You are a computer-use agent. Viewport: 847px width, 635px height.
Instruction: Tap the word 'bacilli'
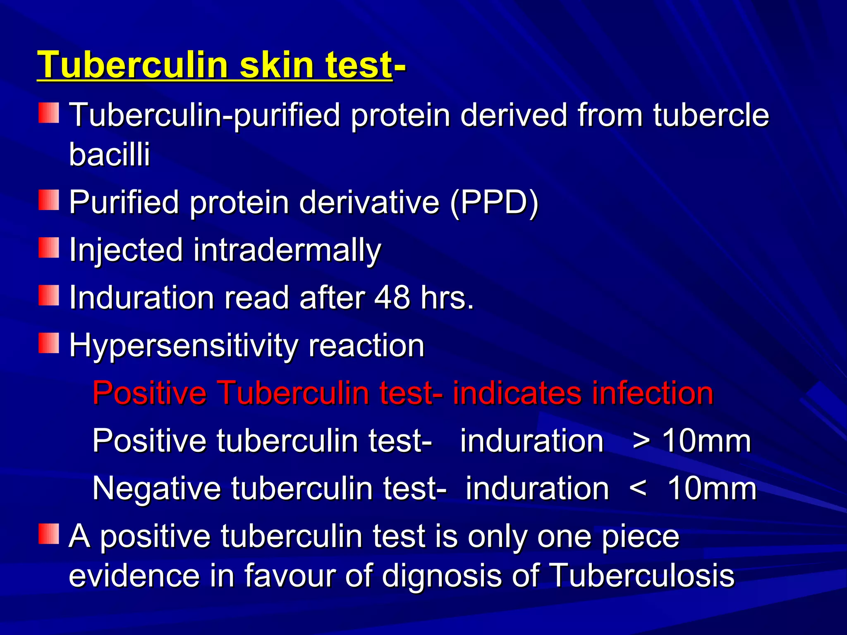click(x=109, y=154)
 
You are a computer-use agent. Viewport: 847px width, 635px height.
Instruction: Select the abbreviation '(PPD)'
click(x=494, y=203)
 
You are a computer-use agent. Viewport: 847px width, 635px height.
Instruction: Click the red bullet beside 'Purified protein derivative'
click(x=49, y=200)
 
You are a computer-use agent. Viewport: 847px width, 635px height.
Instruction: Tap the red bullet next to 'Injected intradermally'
click(x=49, y=248)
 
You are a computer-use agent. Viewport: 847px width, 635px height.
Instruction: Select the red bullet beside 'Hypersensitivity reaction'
click(x=49, y=343)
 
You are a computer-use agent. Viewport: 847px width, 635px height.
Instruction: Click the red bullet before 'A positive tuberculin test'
click(x=49, y=534)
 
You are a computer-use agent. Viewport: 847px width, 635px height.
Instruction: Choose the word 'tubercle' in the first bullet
click(x=711, y=115)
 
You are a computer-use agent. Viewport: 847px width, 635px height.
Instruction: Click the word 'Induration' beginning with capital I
click(x=141, y=298)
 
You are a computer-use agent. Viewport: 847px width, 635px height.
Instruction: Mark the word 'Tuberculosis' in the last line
click(x=643, y=575)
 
